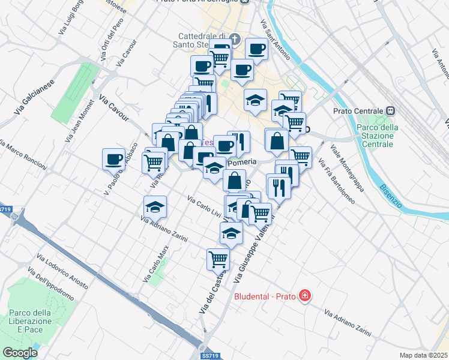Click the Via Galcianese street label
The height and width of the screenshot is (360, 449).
tap(34, 97)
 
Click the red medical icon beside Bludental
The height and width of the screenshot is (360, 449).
tap(305, 295)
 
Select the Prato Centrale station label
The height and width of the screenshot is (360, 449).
tap(357, 111)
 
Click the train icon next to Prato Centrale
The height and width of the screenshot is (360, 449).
tap(391, 110)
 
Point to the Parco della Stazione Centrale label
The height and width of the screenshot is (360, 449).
tap(373, 136)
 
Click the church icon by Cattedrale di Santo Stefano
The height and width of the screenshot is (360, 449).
tap(235, 40)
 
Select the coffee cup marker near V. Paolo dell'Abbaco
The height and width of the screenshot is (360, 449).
tap(114, 160)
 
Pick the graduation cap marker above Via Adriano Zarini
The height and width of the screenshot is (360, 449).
tap(155, 206)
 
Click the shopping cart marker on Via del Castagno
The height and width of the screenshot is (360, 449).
tap(217, 259)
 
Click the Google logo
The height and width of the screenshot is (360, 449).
tap(20, 353)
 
